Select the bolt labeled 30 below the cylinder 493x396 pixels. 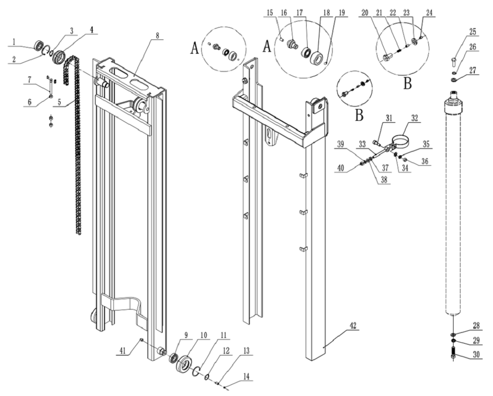tap(452, 354)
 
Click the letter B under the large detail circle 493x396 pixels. tap(407, 83)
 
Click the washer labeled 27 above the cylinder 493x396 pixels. tap(452, 78)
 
